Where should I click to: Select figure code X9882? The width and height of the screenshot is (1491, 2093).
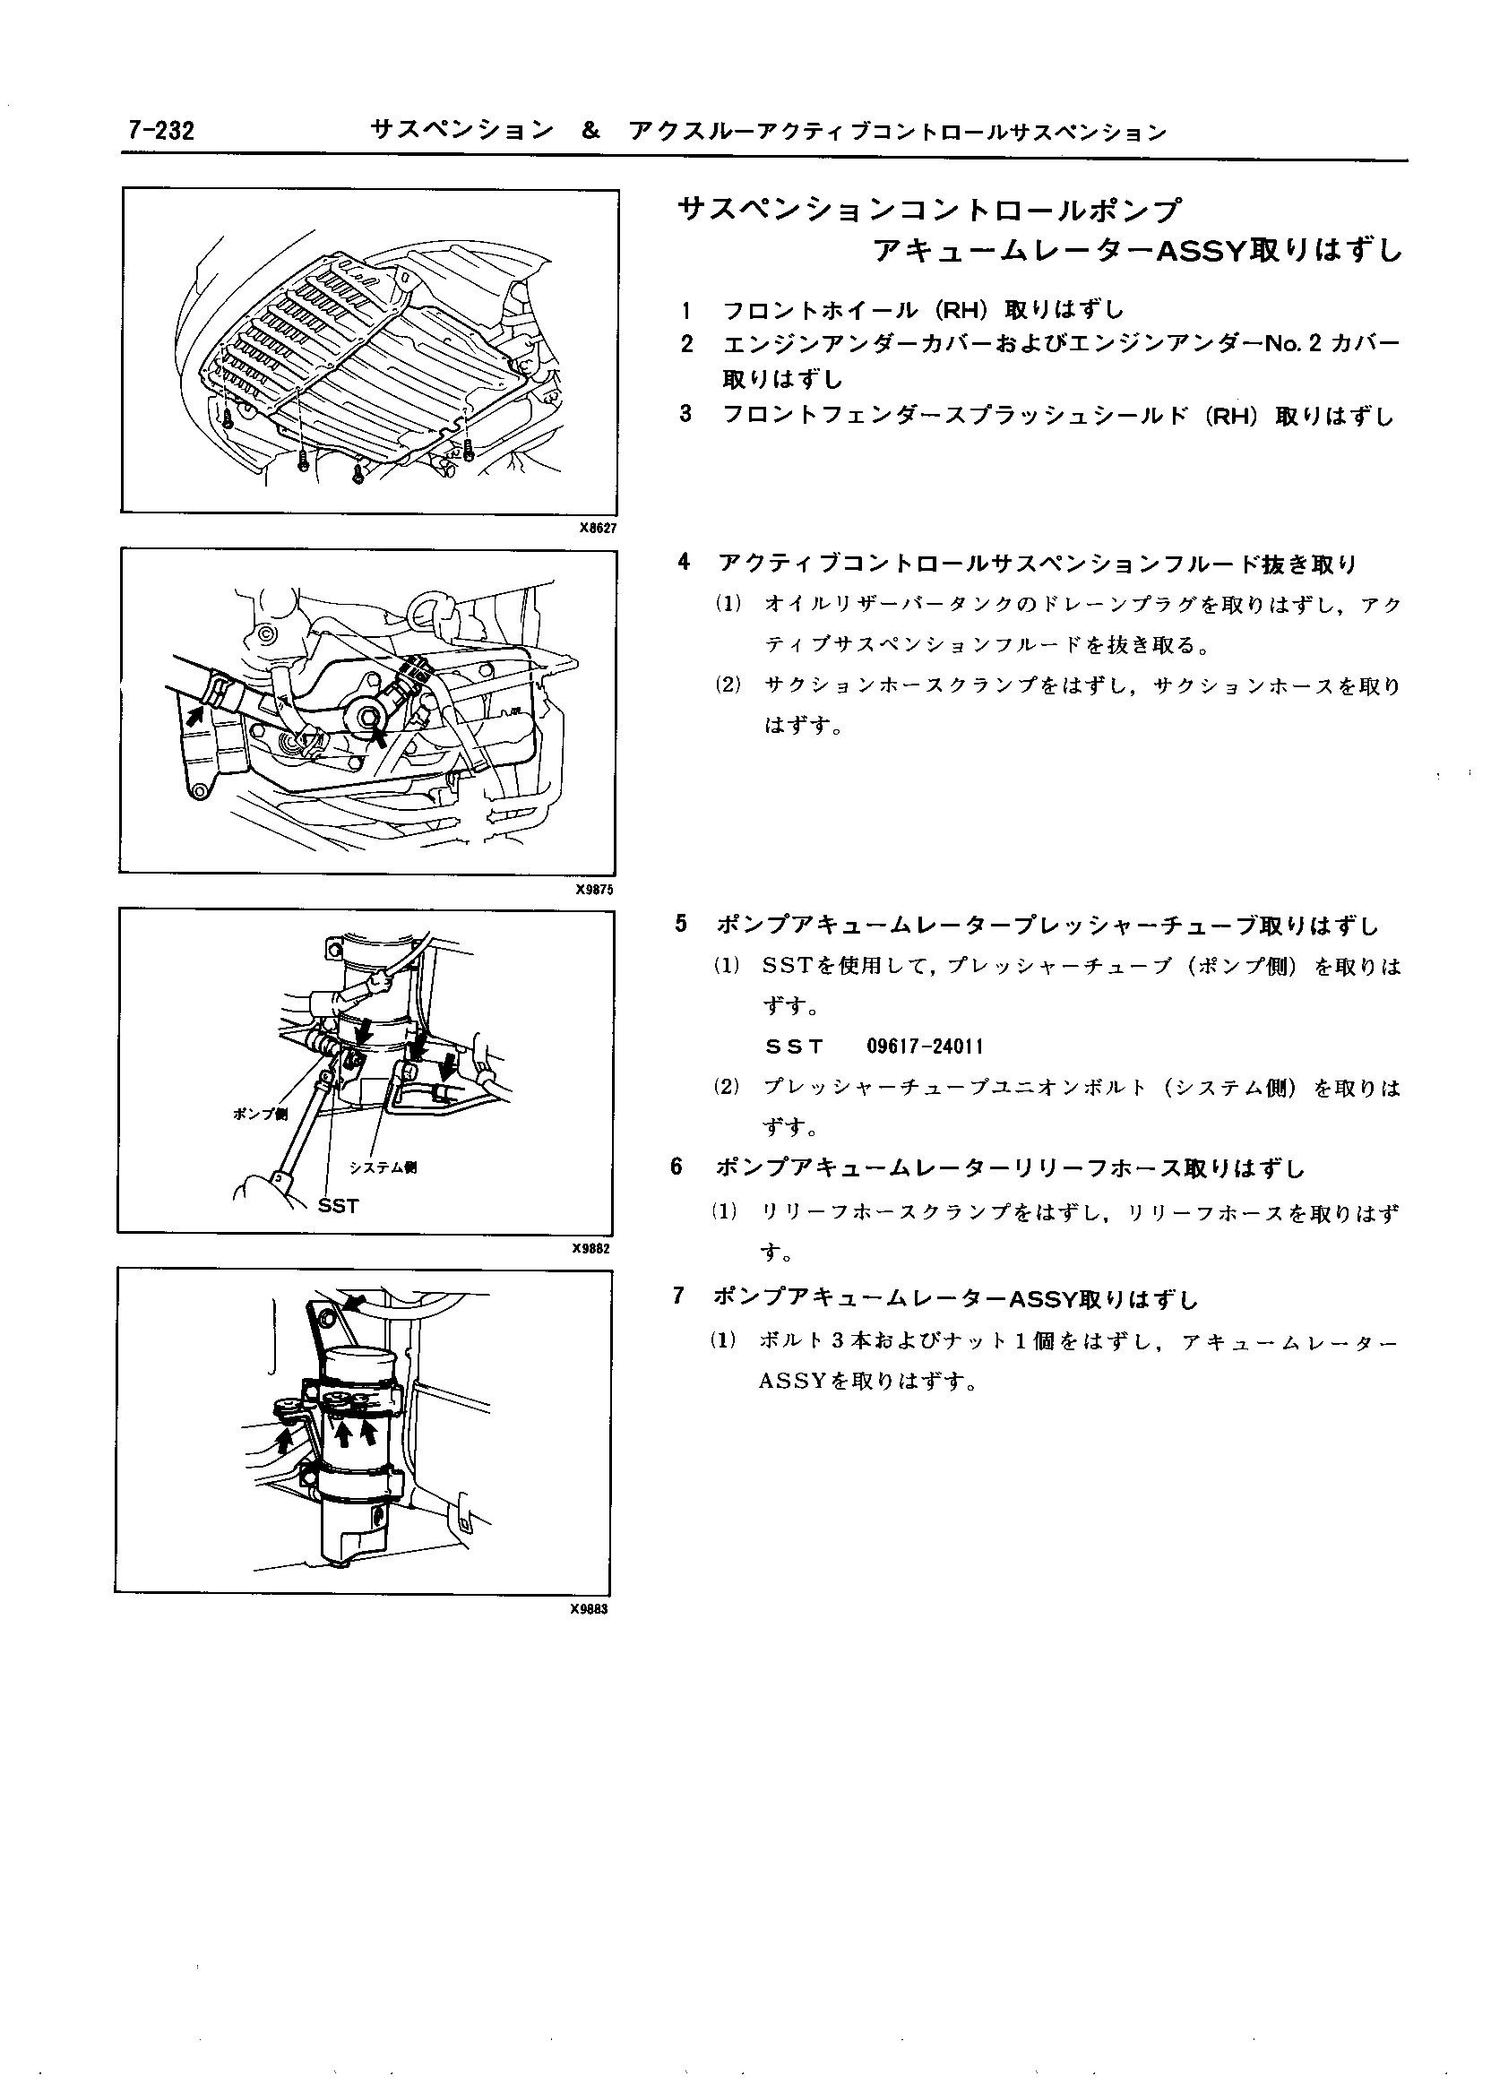[592, 1248]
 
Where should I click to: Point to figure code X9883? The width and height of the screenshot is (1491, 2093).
[590, 1609]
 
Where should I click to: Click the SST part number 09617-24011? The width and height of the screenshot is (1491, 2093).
[926, 1046]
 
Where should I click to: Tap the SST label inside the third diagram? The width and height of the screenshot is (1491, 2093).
[338, 1206]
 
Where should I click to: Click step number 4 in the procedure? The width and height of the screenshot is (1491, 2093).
[683, 562]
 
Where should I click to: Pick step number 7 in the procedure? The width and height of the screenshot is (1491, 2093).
[678, 1296]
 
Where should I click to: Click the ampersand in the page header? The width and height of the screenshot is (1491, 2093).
[590, 132]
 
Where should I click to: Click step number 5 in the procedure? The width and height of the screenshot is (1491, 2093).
[681, 925]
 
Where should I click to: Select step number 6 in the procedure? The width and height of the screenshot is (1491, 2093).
[677, 1167]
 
